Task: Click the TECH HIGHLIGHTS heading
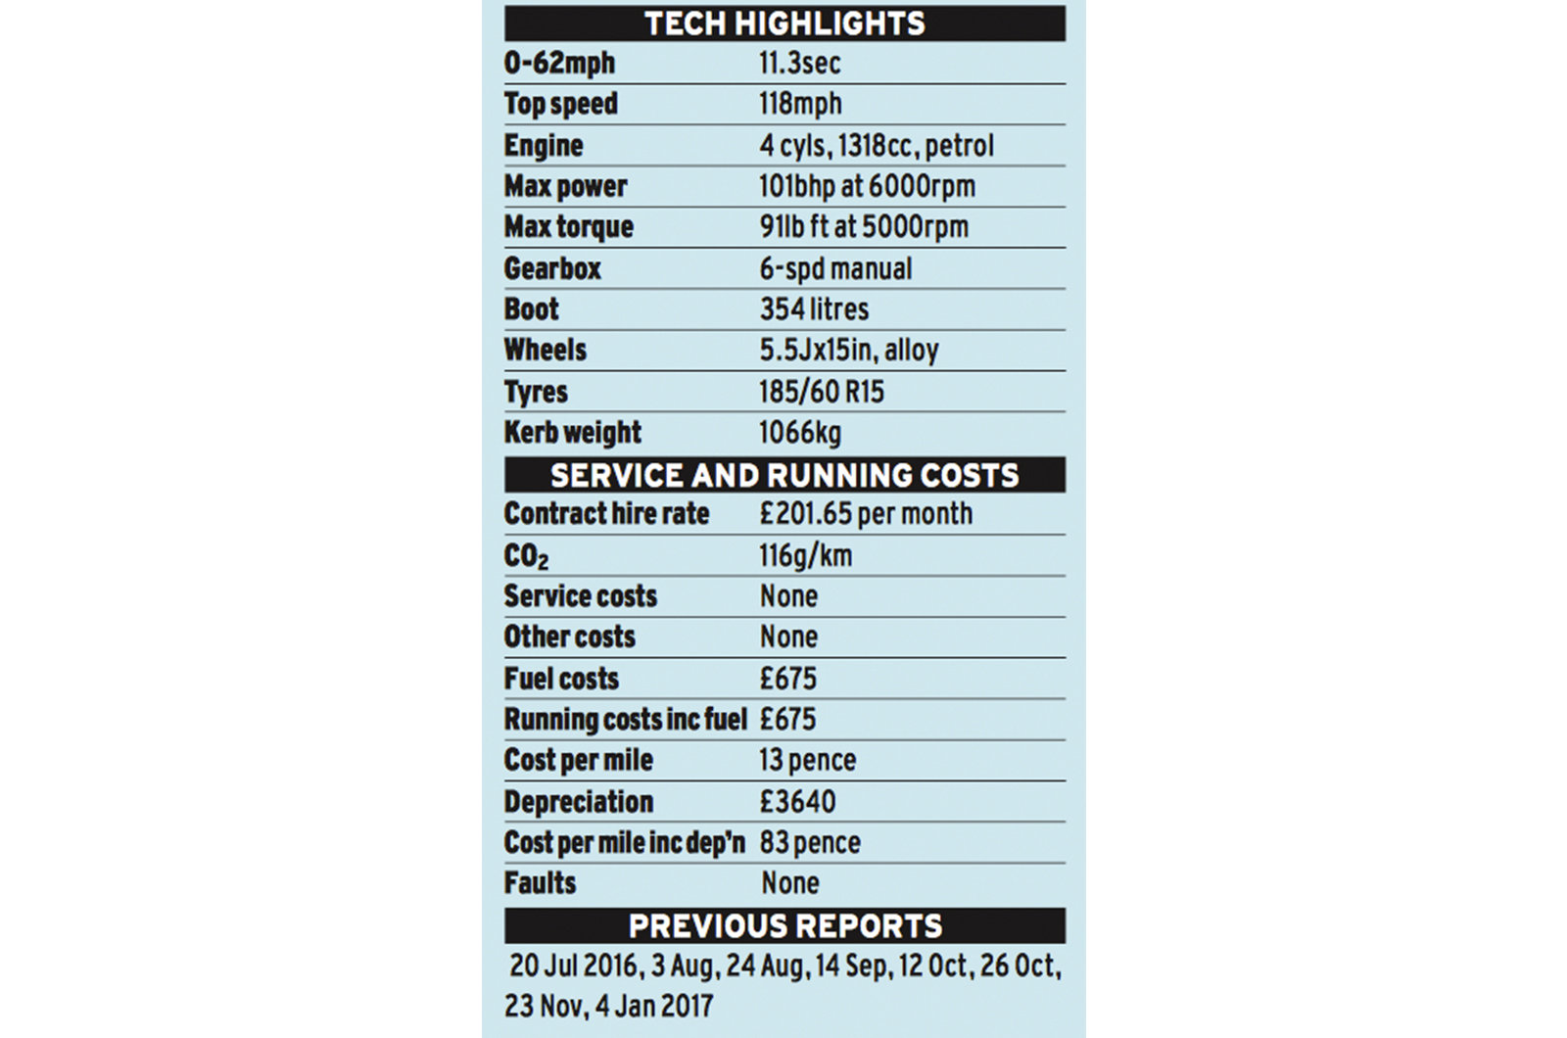[x=784, y=24]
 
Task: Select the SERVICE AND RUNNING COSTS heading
[x=784, y=475]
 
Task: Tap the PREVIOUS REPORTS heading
[x=784, y=925]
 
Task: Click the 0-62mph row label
[x=559, y=63]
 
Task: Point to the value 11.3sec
[x=799, y=63]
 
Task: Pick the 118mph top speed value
[x=800, y=104]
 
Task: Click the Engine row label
[x=544, y=146]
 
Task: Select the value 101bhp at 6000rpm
[x=867, y=186]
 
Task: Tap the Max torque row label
[x=568, y=227]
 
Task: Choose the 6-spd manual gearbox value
[x=835, y=268]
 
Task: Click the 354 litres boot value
[x=814, y=309]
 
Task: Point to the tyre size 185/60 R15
[x=821, y=392]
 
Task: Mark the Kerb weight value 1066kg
[x=799, y=432]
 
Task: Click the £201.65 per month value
[x=866, y=513]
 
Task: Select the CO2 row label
[x=526, y=556]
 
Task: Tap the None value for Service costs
[x=788, y=596]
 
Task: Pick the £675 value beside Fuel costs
[x=787, y=679]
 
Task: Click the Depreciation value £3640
[x=797, y=802]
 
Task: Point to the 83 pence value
[x=810, y=842]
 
